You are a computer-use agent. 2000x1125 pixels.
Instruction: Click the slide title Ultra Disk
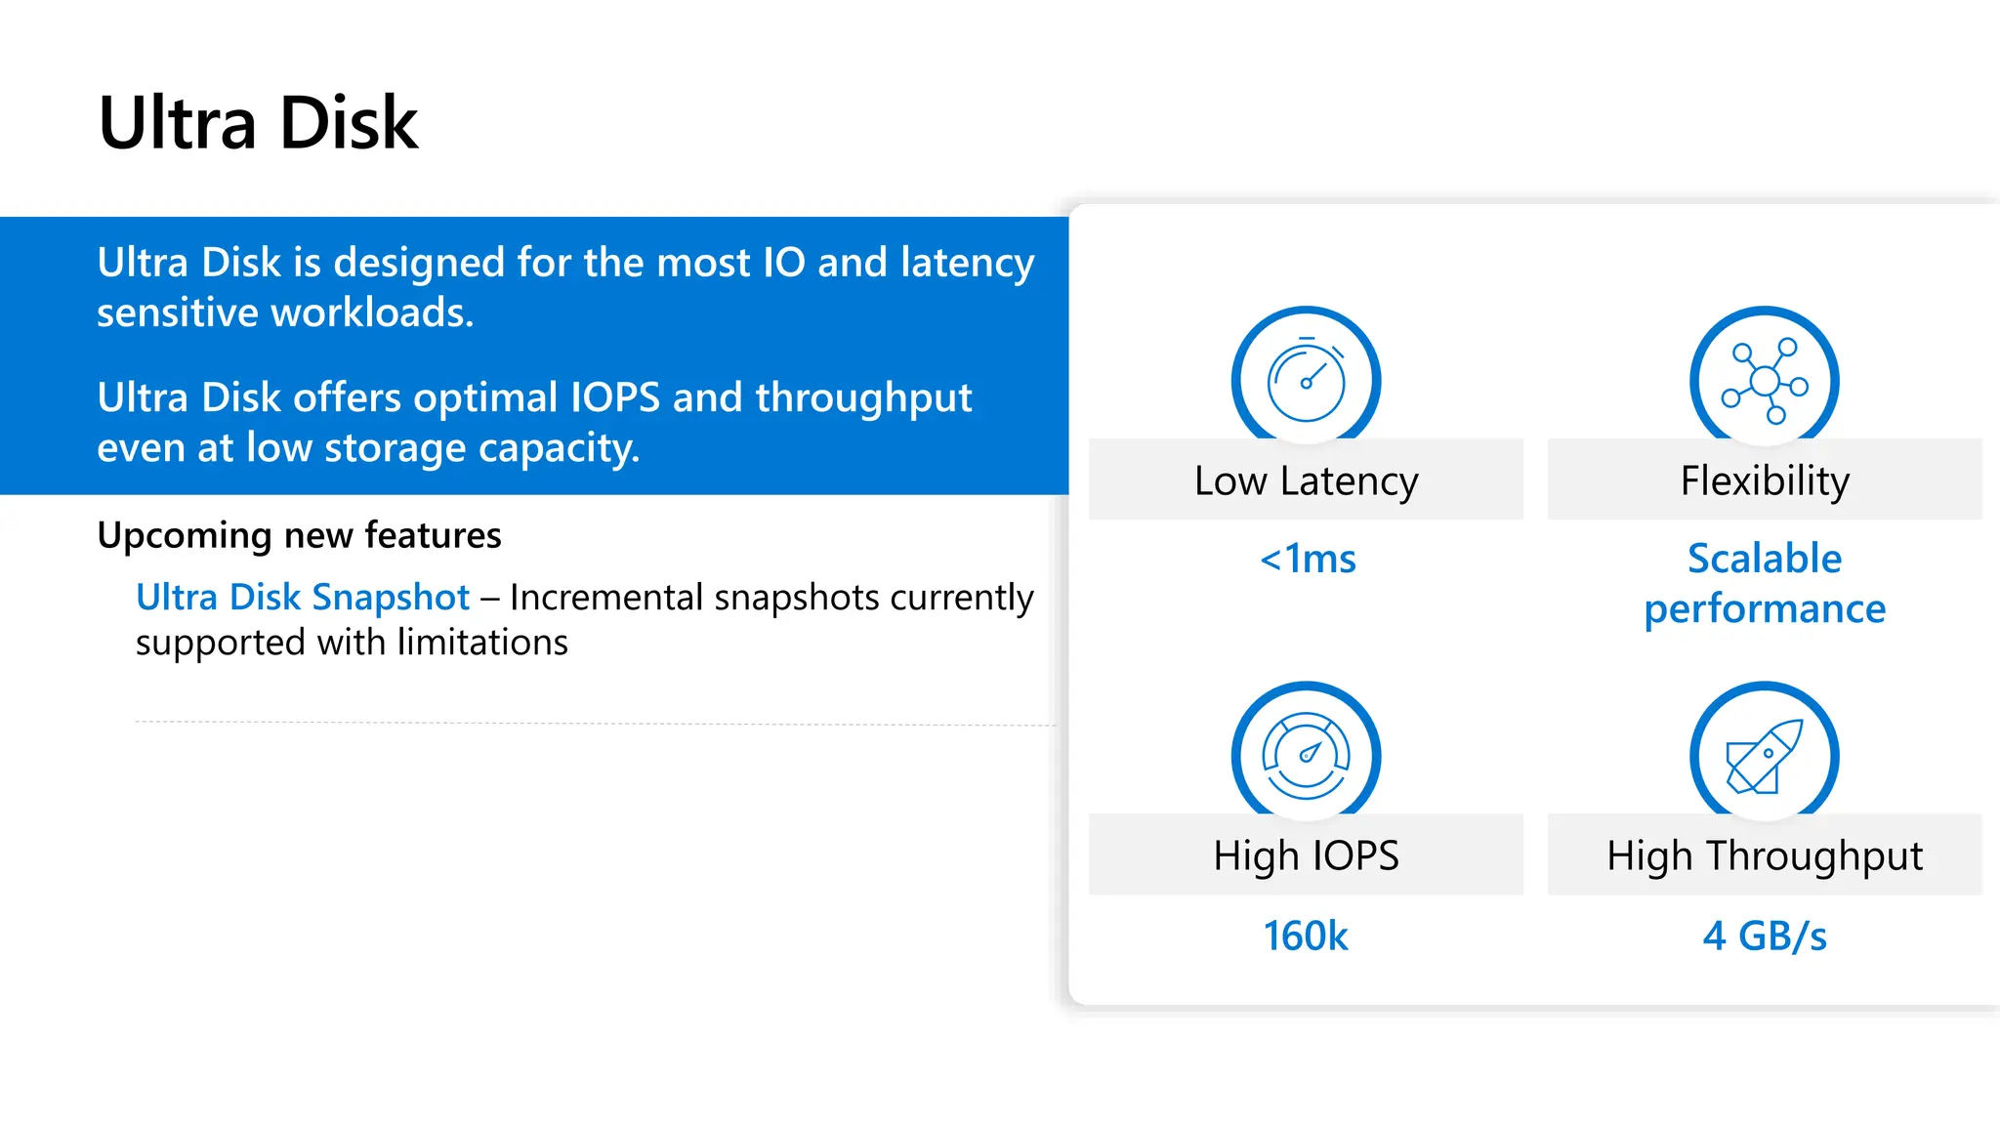259,123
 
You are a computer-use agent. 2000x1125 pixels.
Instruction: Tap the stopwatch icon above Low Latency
1306,380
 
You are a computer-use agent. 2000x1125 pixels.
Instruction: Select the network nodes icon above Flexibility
1765,380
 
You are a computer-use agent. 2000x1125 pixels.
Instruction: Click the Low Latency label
1306,480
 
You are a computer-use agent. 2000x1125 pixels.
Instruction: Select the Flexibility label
1765,480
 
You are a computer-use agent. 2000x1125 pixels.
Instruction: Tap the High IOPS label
1306,855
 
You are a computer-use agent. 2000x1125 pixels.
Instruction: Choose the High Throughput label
1765,855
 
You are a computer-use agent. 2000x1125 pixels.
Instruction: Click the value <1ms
1308,559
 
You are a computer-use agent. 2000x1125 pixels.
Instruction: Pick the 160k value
1306,936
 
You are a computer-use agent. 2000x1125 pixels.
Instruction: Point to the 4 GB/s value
1765,936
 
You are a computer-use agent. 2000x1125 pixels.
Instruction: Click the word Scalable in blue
1765,559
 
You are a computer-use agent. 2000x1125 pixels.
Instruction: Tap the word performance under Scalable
1765,609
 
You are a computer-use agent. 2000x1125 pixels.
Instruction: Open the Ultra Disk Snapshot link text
303,597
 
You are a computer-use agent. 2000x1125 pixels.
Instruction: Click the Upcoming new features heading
299,535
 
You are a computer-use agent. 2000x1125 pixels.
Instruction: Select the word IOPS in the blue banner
615,397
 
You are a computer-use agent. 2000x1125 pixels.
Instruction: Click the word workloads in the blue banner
372,312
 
